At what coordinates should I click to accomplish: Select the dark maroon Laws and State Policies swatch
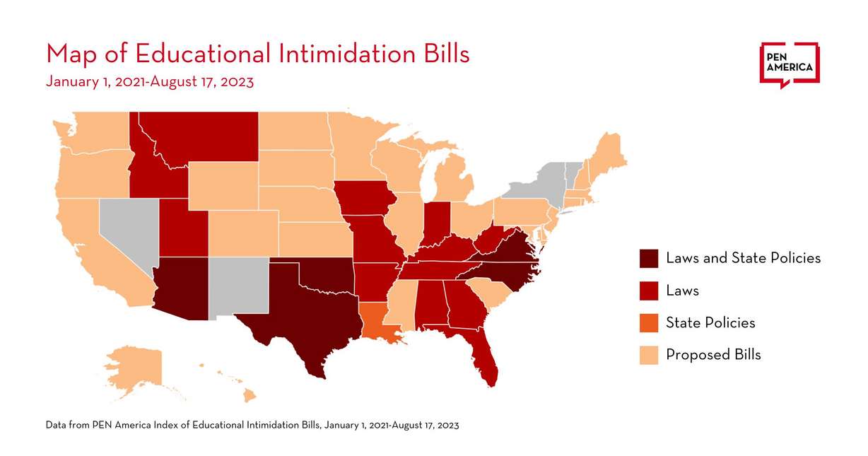coord(648,258)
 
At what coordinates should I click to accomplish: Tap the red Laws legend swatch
coord(648,291)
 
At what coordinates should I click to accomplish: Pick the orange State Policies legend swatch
coord(648,322)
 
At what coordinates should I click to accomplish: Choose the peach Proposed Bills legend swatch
coord(648,354)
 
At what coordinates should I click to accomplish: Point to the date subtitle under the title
coord(149,81)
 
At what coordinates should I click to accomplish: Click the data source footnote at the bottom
coord(252,425)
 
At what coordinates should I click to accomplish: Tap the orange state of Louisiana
coord(379,322)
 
